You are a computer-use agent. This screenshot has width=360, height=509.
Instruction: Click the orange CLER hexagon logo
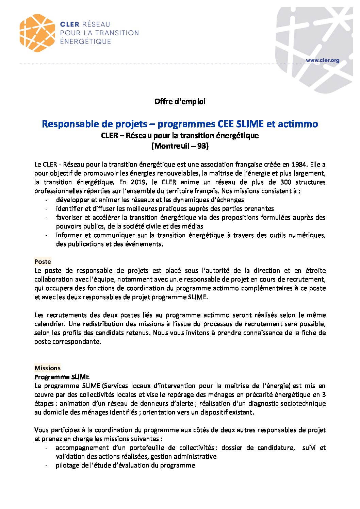coord(37,33)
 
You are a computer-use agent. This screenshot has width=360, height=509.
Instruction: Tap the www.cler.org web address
coord(322,61)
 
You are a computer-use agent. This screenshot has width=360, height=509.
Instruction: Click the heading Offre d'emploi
coord(180,101)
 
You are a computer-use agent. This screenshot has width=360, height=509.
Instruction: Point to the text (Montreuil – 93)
coord(180,146)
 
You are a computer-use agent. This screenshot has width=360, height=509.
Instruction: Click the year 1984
coord(299,165)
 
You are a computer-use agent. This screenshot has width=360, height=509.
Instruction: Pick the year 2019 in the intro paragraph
coord(138,182)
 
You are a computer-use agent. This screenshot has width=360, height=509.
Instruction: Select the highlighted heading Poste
coord(43,262)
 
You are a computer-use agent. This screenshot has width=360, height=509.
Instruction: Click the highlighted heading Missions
coord(47,368)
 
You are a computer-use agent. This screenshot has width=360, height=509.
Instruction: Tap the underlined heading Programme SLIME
coord(62,377)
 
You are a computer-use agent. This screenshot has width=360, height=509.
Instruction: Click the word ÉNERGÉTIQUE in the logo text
coord(85,41)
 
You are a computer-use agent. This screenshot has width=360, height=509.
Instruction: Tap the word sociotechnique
coord(300,404)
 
